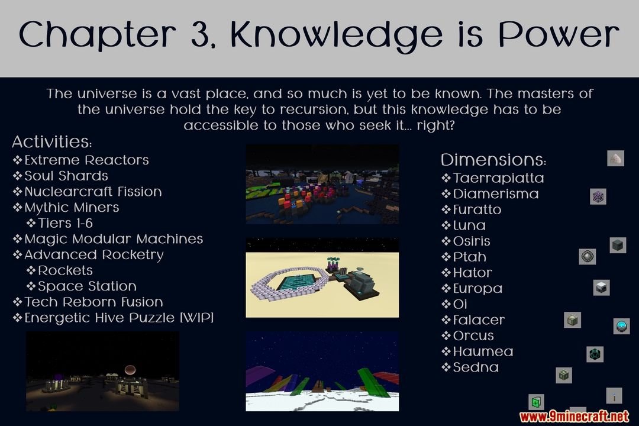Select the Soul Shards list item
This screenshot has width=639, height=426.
click(x=66, y=176)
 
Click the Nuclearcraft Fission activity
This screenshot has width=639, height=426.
click(x=93, y=192)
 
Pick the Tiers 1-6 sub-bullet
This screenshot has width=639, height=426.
click(x=65, y=224)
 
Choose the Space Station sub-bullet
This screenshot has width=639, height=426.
click(x=87, y=286)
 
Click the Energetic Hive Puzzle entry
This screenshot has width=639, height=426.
click(x=119, y=318)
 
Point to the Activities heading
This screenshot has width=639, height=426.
click(x=51, y=142)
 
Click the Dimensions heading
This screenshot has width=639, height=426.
click(x=493, y=160)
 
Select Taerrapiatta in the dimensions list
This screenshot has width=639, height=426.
click(x=498, y=178)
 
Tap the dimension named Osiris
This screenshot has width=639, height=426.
click(x=472, y=241)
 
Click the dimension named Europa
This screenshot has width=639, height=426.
click(x=477, y=289)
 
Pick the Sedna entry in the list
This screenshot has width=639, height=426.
click(x=476, y=367)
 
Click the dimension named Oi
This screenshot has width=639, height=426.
click(x=460, y=304)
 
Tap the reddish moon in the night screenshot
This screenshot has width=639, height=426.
click(x=130, y=369)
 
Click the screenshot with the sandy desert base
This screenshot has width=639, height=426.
click(x=322, y=277)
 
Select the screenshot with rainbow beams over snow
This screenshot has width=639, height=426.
click(x=322, y=371)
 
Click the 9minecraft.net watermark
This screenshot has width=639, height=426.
click(x=574, y=416)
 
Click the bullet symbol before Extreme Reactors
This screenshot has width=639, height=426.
click(x=17, y=160)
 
